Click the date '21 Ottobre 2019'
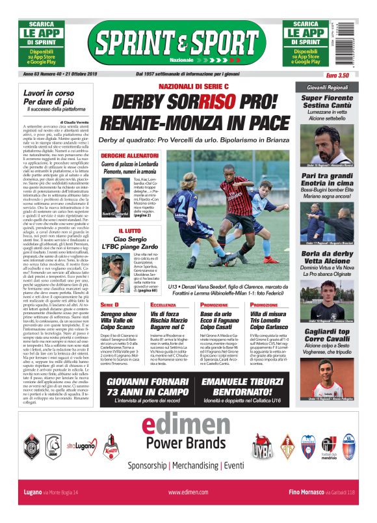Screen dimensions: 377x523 [x=91, y=74]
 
